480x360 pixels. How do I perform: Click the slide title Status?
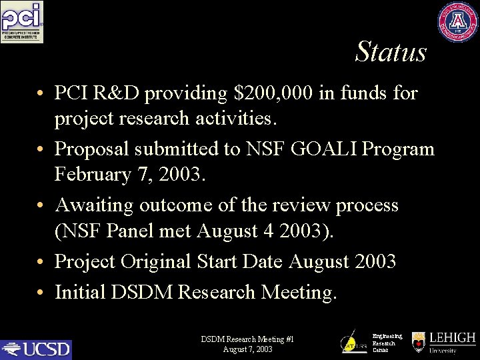click(391, 52)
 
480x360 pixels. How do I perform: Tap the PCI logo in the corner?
click(22, 22)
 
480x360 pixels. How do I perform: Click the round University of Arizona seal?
click(458, 22)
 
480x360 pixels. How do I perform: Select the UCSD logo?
click(36, 349)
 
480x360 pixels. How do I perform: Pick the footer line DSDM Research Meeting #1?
click(247, 339)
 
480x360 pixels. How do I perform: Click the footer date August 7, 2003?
click(247, 349)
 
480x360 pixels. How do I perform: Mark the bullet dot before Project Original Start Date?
click(41, 262)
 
